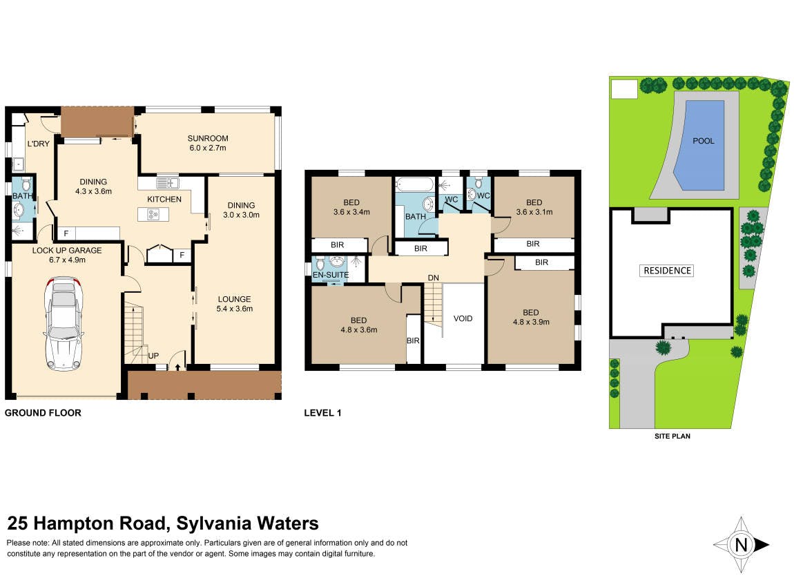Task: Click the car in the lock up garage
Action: click(64, 323)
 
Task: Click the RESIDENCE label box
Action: click(667, 271)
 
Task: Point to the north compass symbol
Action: click(742, 545)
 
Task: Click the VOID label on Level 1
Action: click(463, 318)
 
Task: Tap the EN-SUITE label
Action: click(331, 275)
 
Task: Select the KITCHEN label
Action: click(164, 200)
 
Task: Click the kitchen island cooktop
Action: click(153, 214)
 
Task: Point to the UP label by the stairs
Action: click(153, 356)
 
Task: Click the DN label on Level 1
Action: click(434, 278)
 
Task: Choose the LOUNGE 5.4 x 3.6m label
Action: click(235, 304)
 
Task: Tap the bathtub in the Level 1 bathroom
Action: click(415, 184)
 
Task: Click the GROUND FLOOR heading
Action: click(43, 413)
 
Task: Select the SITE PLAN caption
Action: click(672, 436)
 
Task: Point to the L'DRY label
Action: click(39, 144)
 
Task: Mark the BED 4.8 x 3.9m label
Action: click(531, 317)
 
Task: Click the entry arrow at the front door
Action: click(177, 366)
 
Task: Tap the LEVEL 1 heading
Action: click(322, 413)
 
